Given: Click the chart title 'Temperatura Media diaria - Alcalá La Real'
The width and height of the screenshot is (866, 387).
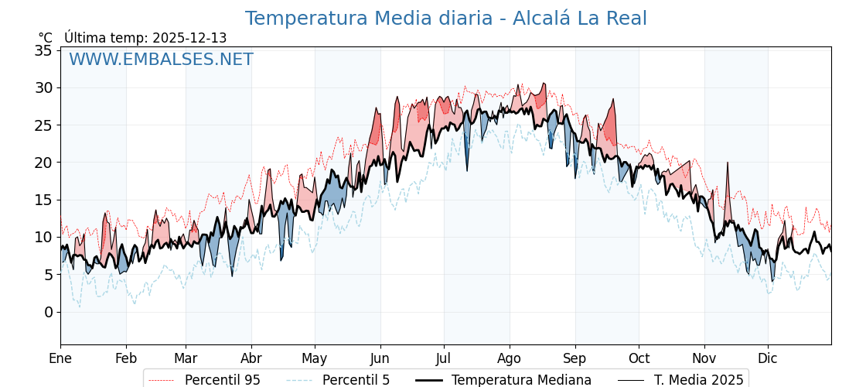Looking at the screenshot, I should coord(445,19).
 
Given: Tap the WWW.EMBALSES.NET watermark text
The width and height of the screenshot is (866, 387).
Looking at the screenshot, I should coord(161,60).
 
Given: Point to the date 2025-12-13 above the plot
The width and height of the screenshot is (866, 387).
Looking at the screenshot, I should coord(189,38).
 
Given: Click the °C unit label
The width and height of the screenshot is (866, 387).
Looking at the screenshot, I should coord(45,38).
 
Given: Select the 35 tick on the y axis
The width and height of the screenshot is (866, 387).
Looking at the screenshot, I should coord(44,50).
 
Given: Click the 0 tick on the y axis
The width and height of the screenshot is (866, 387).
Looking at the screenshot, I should coord(48,312).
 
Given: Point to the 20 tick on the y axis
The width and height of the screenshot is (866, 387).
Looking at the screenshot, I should coord(44,163).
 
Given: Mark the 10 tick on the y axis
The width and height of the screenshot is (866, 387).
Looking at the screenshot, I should coord(44,237).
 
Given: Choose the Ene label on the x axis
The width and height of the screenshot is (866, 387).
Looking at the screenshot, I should coord(60,358).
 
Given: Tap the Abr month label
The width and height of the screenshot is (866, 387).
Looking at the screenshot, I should coord(251,358).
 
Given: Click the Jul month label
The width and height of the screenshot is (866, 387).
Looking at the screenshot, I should coord(444,358).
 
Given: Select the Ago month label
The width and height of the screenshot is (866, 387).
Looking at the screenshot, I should coord(510,358).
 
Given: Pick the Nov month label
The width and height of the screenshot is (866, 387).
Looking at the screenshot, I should coord(704,358).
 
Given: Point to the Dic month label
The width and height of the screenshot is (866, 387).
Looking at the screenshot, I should coord(768,358).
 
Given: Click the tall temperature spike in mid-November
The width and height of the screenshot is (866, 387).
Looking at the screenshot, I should coord(728,165).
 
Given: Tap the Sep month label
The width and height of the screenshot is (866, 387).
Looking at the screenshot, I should coord(575,358).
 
